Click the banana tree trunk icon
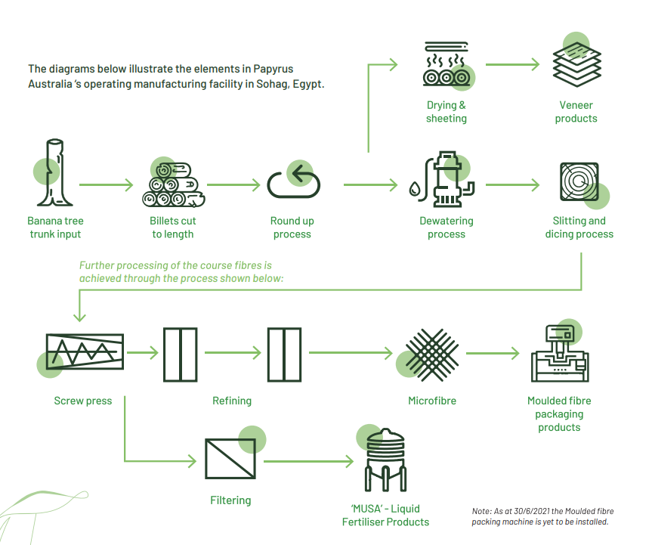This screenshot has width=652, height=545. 55,173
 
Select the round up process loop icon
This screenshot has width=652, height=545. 293,181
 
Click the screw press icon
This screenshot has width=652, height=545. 83,352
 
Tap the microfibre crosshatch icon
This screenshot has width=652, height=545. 431,354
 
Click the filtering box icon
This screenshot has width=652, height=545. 231,459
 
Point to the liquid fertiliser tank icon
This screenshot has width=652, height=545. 385,462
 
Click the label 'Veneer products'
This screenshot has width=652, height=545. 576,112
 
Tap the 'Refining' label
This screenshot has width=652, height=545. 232,401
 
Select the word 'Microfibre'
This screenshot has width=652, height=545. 432,401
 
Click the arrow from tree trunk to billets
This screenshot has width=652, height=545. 106,184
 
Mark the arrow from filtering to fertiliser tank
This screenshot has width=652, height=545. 308,460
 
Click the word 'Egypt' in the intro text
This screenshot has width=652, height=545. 307,84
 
